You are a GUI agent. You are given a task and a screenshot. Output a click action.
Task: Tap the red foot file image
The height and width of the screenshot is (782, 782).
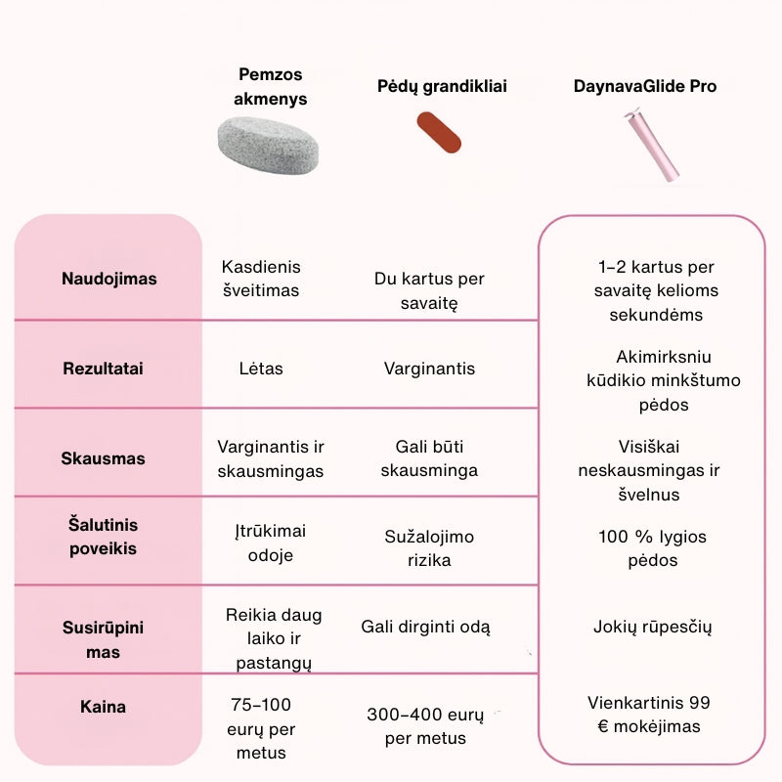439,132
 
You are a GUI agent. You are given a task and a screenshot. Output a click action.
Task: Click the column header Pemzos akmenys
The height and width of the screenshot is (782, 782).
272,86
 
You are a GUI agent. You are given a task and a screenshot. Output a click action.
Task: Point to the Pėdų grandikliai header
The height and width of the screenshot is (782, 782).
442,86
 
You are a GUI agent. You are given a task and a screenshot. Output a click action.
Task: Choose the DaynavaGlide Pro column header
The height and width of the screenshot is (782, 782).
645,86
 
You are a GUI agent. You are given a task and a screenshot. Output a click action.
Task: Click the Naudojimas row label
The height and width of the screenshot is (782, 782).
109,279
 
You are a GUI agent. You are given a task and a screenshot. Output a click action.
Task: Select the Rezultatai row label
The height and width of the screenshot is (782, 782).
103,369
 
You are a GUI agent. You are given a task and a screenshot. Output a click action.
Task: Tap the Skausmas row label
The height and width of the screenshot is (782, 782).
103,458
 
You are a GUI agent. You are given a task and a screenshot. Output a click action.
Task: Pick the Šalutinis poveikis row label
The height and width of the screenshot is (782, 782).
103,537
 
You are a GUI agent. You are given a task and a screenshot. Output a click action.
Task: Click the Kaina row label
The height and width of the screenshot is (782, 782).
103,706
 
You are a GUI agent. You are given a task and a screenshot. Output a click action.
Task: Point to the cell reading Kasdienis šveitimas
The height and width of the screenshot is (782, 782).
261,279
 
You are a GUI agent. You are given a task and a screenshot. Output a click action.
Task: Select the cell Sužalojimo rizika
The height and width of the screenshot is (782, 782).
429,548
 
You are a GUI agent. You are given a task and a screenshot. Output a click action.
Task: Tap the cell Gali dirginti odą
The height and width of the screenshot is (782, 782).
426,627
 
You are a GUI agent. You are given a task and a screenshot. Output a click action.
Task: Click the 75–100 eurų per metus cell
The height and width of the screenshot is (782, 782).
260,728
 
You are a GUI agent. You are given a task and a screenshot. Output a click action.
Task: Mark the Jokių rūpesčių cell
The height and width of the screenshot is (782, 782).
652,627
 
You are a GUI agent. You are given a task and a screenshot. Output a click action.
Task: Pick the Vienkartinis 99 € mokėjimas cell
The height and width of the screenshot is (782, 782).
649,715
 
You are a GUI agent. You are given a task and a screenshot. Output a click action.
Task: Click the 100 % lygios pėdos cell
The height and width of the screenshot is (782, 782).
652,548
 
